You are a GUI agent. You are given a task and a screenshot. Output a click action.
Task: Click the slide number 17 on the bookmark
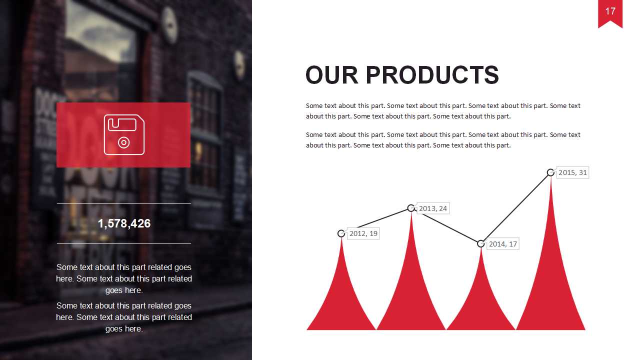(610, 11)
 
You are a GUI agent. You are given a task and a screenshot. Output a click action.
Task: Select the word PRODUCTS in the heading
(432, 75)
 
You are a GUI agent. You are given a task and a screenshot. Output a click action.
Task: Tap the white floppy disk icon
(124, 134)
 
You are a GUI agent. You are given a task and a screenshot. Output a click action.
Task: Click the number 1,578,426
(124, 223)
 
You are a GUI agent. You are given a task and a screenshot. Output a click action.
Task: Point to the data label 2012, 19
(363, 233)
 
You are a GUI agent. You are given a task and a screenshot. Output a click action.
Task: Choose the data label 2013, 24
(433, 208)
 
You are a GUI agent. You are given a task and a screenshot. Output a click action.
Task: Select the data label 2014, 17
(503, 244)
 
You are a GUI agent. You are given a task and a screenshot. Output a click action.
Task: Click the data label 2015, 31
(572, 172)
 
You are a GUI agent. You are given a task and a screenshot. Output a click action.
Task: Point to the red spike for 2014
(481, 303)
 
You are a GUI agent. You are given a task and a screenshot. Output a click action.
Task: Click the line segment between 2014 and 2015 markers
(515, 208)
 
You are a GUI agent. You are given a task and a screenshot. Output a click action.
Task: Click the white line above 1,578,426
(124, 203)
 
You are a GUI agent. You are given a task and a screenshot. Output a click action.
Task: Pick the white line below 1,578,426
(124, 243)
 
